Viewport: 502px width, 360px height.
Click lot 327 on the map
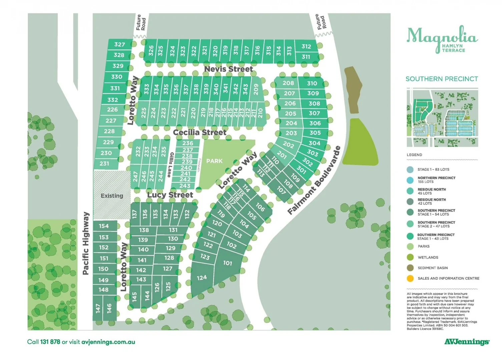tap(119, 44)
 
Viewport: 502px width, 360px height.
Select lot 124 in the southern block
tap(201, 278)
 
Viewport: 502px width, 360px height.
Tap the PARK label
tap(214, 161)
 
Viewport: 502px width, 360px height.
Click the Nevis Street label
tap(228, 69)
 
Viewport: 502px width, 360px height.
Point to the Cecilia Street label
tap(199, 132)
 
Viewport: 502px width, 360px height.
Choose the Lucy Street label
tap(170, 195)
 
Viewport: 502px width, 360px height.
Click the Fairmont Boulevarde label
tap(314, 180)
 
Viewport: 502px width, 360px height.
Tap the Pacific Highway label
tap(86, 243)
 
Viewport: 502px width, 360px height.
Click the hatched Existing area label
tap(112, 196)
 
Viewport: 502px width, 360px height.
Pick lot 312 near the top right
tap(306, 47)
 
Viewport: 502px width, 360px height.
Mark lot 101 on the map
tap(227, 263)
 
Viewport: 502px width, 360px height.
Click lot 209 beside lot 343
tap(256, 89)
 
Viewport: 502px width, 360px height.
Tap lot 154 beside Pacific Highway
tap(104, 226)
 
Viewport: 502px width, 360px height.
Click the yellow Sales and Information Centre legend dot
tap(410, 278)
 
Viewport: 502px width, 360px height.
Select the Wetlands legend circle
tap(410, 257)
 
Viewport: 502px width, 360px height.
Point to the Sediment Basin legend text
tap(433, 268)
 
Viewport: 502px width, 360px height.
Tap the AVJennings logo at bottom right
tap(467, 342)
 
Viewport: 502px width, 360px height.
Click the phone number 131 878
tap(50, 342)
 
